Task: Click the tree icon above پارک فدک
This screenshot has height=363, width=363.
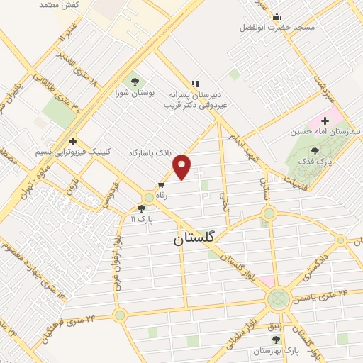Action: [315, 150]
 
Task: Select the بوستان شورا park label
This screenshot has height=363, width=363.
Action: [134, 92]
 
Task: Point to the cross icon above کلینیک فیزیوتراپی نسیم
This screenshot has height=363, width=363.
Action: [72, 141]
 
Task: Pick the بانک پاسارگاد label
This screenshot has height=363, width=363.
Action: [150, 152]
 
